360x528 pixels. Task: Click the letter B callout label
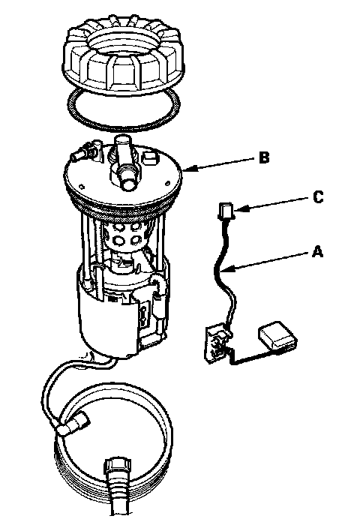click(264, 157)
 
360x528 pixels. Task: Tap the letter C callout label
click(317, 197)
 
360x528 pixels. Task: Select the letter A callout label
click(317, 251)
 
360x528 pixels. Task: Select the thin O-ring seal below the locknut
click(124, 126)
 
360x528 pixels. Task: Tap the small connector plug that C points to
click(225, 211)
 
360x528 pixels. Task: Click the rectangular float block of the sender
click(277, 337)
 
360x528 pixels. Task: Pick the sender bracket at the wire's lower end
click(217, 343)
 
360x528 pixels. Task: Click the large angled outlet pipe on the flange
click(124, 162)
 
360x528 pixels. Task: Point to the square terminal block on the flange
click(149, 157)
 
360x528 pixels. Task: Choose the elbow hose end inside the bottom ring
click(74, 424)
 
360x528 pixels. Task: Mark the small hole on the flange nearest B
click(168, 183)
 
